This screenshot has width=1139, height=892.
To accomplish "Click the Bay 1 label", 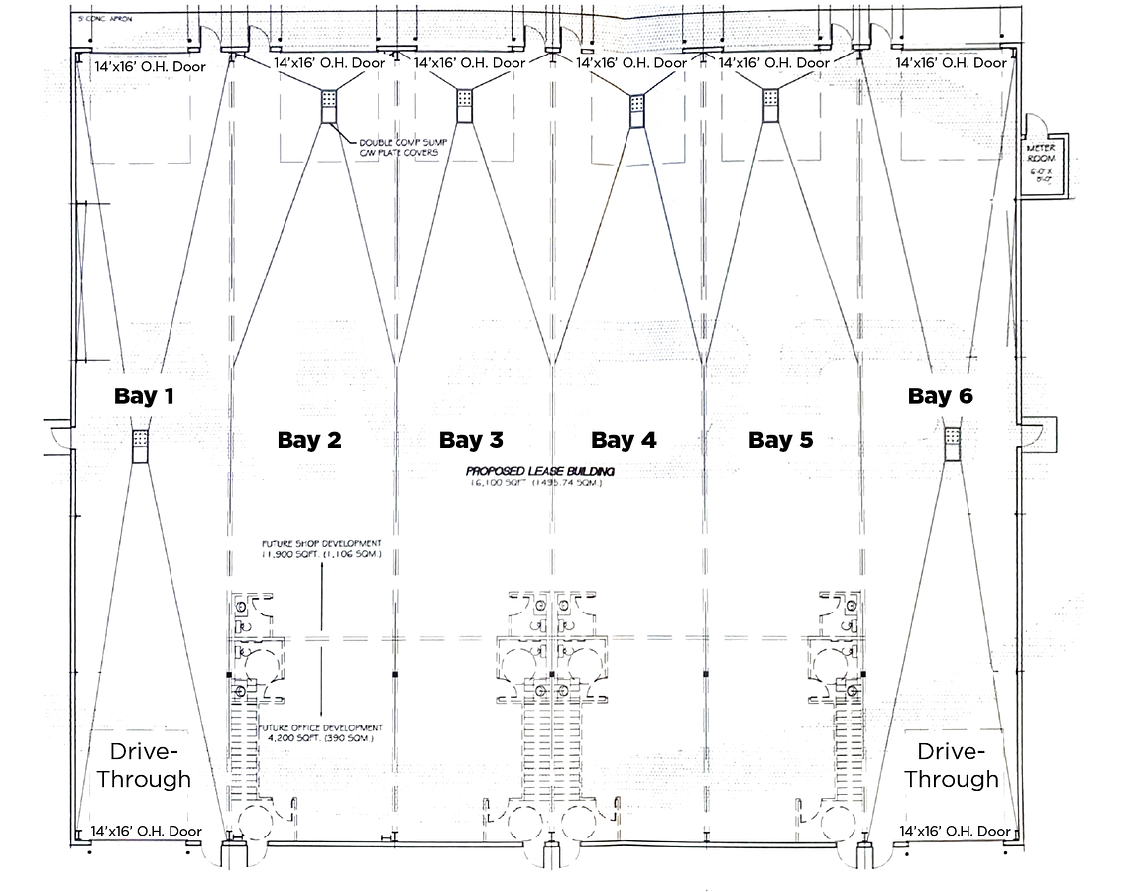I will [x=144, y=396].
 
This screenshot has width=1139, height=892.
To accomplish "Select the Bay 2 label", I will [x=308, y=440].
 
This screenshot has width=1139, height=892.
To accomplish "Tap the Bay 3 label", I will [x=471, y=439].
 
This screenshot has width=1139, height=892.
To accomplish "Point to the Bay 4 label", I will [x=624, y=439].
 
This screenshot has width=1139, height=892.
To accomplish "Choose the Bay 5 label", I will [x=780, y=440].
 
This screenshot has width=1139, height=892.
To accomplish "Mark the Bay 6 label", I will [x=940, y=396].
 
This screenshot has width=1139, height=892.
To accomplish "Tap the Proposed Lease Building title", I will [x=540, y=471].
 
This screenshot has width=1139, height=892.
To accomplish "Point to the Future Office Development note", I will [x=319, y=733].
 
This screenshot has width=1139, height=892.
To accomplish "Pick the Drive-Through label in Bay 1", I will [x=144, y=764].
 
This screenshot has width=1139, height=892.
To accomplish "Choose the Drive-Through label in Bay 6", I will [x=951, y=764].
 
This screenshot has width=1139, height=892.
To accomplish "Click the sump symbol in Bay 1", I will [x=140, y=445].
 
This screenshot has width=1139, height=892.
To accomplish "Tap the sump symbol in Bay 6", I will [x=952, y=443].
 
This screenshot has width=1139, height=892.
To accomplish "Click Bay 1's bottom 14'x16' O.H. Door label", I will [x=146, y=831].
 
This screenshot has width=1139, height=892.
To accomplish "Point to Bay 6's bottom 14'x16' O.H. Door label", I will [x=955, y=831].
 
